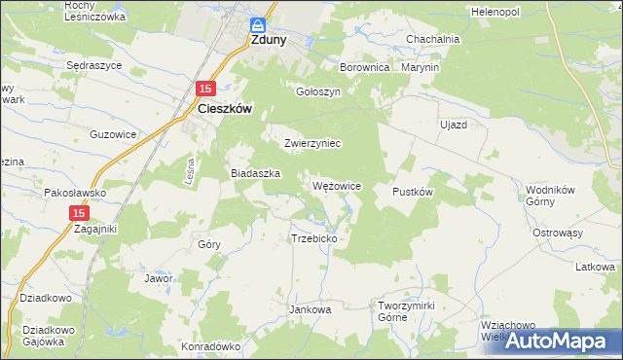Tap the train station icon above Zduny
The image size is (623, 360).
click(258, 25)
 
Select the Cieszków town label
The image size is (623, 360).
click(225, 110)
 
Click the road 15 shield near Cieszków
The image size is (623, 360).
click(204, 89)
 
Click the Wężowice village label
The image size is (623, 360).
click(337, 185)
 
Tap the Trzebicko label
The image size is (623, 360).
click(313, 238)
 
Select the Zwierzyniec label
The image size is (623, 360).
click(311, 143)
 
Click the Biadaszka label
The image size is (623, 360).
click(255, 173)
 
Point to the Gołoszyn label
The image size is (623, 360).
click(317, 91)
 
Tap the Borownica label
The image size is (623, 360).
click(364, 68)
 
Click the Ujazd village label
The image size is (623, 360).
click(454, 126)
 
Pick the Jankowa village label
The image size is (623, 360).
click(311, 309)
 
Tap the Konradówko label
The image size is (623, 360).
click(210, 346)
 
